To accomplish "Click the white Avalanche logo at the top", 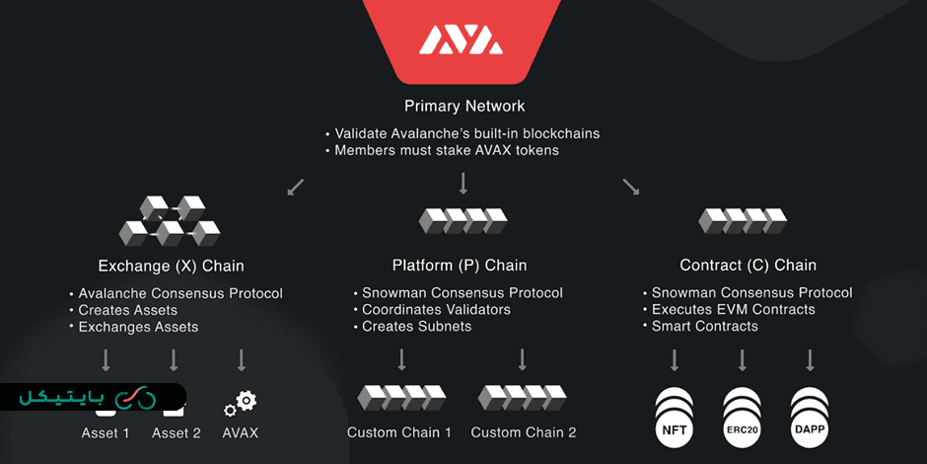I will point(462,39).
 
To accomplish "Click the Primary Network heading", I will point(464,106).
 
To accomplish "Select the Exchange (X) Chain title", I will point(171,266).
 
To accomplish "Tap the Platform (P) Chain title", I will point(460,266).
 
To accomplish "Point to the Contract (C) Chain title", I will point(749,266).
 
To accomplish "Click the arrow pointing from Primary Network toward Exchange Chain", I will point(296,187).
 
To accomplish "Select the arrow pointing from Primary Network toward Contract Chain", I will point(630,187).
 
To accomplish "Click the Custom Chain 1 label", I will point(399,432).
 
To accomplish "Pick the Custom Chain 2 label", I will point(524,432).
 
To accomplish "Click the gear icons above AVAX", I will point(240,404).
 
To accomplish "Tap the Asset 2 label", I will point(177,433).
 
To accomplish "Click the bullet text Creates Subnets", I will point(416,326).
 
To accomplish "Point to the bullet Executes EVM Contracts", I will point(734,309).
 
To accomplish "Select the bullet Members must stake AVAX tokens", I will point(447,150).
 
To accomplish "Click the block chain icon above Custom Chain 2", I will point(522,397).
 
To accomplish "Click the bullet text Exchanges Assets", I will point(138,327).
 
